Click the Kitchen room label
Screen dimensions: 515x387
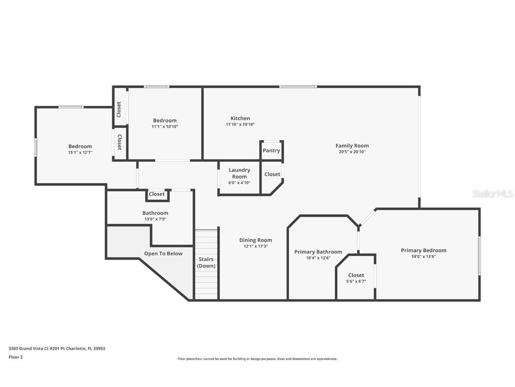(x=240, y=118)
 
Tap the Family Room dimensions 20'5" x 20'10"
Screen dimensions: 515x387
(x=352, y=152)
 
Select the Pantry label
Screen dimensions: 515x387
(x=271, y=150)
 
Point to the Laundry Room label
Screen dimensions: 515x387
(x=240, y=173)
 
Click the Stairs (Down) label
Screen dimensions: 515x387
(x=206, y=262)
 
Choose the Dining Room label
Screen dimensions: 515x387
(x=256, y=240)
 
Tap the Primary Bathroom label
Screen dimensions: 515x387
(x=318, y=252)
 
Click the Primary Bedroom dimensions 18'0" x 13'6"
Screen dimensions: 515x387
(x=424, y=257)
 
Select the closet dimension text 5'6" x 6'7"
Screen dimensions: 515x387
(x=356, y=281)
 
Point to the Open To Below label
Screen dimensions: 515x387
(x=163, y=254)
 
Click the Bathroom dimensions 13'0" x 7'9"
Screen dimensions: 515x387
(x=156, y=219)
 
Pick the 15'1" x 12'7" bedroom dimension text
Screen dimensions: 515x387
(x=80, y=152)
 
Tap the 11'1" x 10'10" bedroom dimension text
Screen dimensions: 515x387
(x=165, y=126)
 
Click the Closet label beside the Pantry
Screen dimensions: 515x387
(x=272, y=174)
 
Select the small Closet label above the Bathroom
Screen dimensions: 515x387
(x=156, y=194)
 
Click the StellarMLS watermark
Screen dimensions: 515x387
(x=493, y=194)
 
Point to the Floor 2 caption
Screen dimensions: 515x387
(x=16, y=357)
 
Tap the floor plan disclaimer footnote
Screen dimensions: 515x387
(x=257, y=359)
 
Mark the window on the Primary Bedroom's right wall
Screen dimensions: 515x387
(x=479, y=255)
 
